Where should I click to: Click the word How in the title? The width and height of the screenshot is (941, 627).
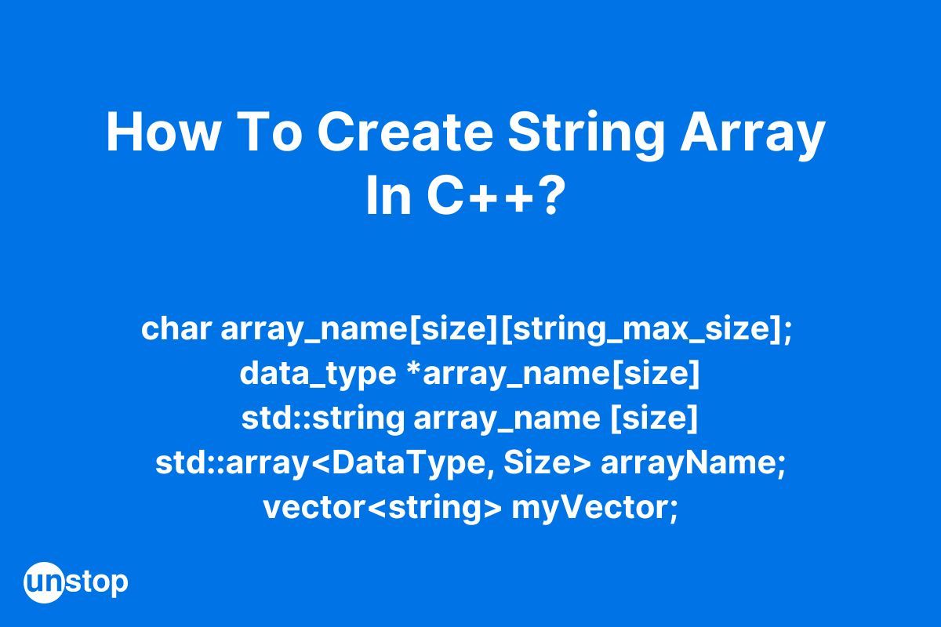coord(162,132)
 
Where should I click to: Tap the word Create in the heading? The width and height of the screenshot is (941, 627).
coord(405,132)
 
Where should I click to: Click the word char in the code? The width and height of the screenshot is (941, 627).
coord(176,329)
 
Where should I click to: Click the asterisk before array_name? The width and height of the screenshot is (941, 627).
coord(414,368)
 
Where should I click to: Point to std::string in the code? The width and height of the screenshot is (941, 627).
coord(322,419)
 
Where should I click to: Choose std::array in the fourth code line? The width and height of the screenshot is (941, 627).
coord(232,464)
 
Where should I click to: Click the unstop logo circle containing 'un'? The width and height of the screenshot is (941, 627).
coord(44,582)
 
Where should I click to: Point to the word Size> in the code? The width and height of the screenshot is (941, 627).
coord(547,462)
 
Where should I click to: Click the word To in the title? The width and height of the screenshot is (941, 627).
coord(273,132)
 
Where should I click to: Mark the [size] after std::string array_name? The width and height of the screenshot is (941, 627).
coord(654,419)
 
